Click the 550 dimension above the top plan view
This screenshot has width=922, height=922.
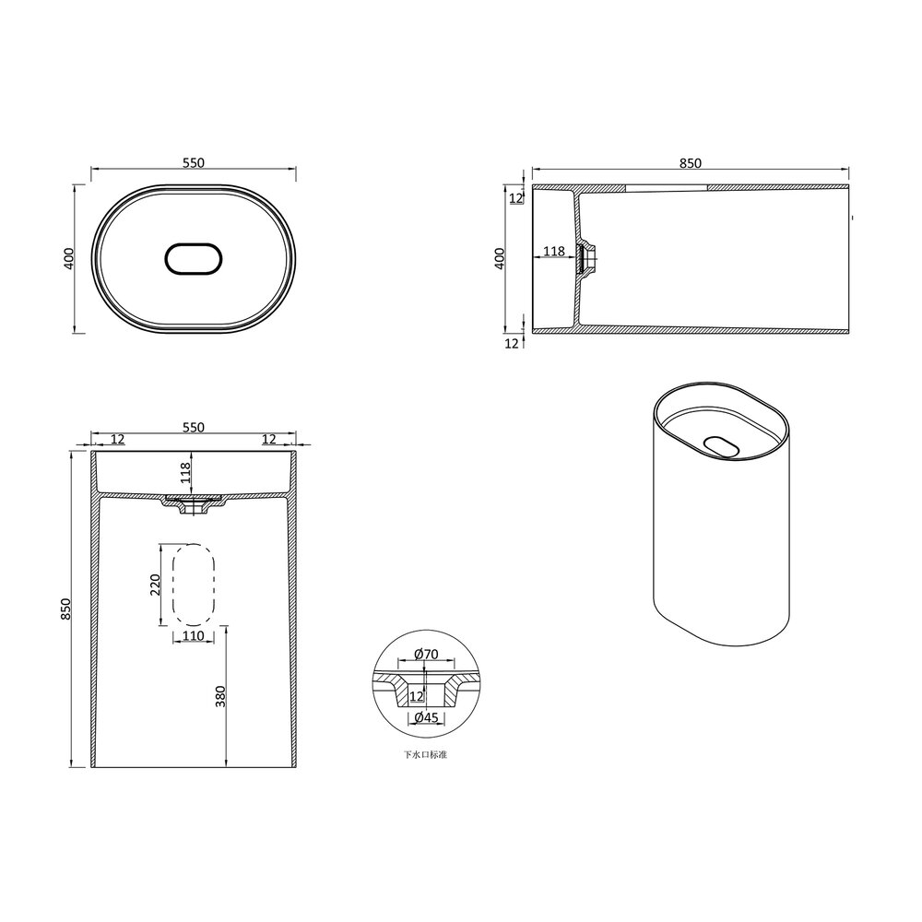point(193,163)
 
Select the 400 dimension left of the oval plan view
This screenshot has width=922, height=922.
point(69,258)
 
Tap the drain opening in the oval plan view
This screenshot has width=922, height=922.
point(194,259)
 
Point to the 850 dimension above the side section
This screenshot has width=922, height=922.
point(691,163)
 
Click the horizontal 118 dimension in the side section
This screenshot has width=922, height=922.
point(553,252)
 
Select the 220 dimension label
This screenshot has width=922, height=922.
point(156,585)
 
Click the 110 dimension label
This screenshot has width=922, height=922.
point(193,635)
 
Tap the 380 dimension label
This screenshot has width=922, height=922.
point(220,696)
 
